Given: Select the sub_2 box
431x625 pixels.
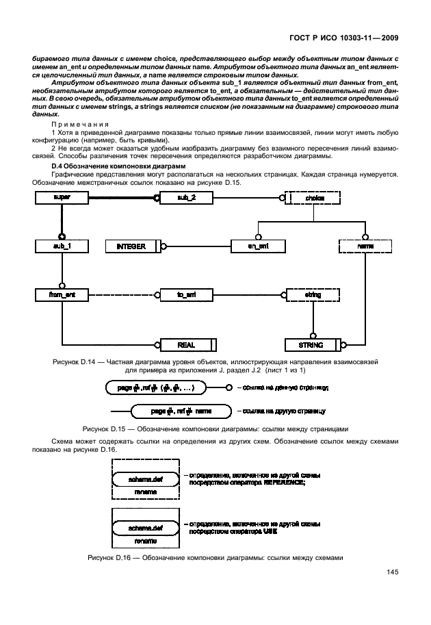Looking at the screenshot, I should click(186, 197).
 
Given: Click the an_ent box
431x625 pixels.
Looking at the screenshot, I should click(257, 245).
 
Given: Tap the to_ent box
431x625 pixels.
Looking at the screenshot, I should click(186, 294).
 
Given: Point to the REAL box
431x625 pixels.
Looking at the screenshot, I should click(187, 344).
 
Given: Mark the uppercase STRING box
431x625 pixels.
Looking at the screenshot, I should click(312, 344).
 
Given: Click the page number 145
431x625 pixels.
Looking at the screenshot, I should click(392, 572).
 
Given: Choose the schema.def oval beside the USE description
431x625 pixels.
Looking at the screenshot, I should click(145, 527).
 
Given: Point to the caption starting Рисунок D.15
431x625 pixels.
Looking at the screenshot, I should click(215, 429).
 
